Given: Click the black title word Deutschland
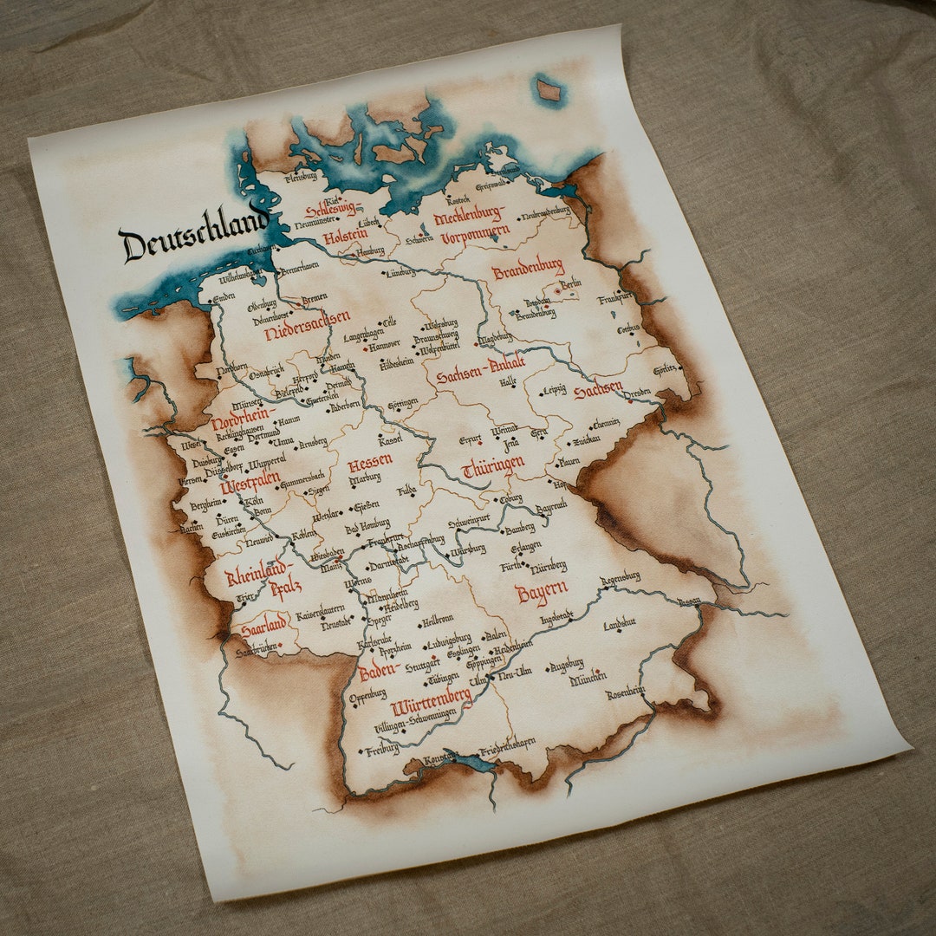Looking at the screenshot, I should tap(192, 234).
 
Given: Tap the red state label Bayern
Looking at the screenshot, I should tap(542, 593).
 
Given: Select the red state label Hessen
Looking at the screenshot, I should tap(370, 464).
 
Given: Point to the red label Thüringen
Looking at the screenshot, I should tap(493, 467).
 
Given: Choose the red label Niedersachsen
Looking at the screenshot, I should tap(307, 323).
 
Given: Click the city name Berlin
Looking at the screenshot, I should tap(570, 283).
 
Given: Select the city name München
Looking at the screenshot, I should tap(588, 680).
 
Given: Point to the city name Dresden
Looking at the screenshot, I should tap(637, 393).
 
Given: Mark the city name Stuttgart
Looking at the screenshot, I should tap(422, 666).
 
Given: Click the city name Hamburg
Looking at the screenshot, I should tap(369, 250).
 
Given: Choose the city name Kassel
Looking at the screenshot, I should tap(390, 440).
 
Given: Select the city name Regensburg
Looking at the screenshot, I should tap(620, 576).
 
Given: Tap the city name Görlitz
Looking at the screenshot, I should tap(665, 368).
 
